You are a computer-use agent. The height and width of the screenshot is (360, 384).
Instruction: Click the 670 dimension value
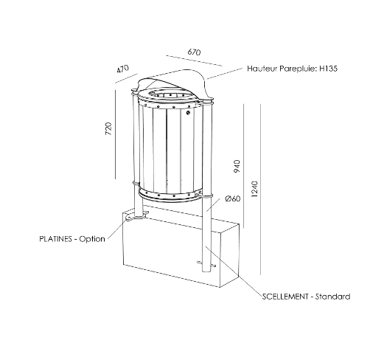(x=194, y=52)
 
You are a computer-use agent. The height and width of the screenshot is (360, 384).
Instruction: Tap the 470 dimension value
(x=122, y=69)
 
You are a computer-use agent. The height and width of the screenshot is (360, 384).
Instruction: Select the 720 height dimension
(x=108, y=128)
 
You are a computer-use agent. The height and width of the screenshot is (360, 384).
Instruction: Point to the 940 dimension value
(x=237, y=166)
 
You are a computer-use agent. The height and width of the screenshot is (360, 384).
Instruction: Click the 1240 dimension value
(x=255, y=190)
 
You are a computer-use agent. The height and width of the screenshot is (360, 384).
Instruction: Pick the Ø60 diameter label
(x=233, y=198)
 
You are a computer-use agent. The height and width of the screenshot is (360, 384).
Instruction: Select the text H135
(x=328, y=69)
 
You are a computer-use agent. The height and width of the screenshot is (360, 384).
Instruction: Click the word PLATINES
(x=55, y=239)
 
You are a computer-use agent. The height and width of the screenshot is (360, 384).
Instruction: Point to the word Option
(x=92, y=239)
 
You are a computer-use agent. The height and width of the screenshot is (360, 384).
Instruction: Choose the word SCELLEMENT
(x=285, y=297)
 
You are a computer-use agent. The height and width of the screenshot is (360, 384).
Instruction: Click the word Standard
(x=332, y=297)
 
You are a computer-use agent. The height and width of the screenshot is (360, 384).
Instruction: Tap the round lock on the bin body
(x=188, y=113)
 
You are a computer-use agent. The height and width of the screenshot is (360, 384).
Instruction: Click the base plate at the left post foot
(x=136, y=216)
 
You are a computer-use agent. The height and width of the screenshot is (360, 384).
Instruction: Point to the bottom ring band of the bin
(x=170, y=195)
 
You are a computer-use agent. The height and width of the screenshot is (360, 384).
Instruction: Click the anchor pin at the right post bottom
(x=206, y=264)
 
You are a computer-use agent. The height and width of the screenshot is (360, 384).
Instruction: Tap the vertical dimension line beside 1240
(x=260, y=189)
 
